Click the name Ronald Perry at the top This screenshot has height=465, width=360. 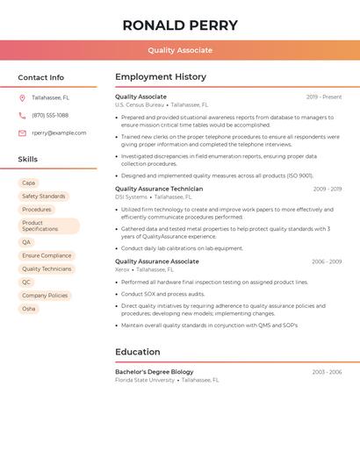point(179,25)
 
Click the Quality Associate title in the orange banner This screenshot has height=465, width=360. point(179,50)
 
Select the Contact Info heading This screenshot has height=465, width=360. point(40,77)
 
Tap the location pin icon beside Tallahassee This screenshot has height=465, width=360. point(22,97)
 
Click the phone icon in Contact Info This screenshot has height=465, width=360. point(22,115)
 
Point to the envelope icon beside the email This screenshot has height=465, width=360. point(22,132)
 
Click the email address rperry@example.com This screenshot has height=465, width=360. point(59,132)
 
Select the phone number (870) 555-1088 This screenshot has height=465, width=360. point(50,115)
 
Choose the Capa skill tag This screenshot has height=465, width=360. point(28,182)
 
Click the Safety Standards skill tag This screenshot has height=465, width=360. point(43,197)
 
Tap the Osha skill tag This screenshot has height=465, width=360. point(29,309)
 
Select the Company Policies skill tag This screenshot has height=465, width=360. point(45,296)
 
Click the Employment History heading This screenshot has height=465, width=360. point(161,77)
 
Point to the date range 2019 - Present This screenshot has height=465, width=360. point(324,97)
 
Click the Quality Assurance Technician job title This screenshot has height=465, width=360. point(159,189)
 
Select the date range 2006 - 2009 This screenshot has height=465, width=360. point(326,261)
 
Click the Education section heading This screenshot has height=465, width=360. point(138,352)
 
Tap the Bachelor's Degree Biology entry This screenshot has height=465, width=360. point(154,372)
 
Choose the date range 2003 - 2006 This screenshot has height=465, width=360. point(326,372)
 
